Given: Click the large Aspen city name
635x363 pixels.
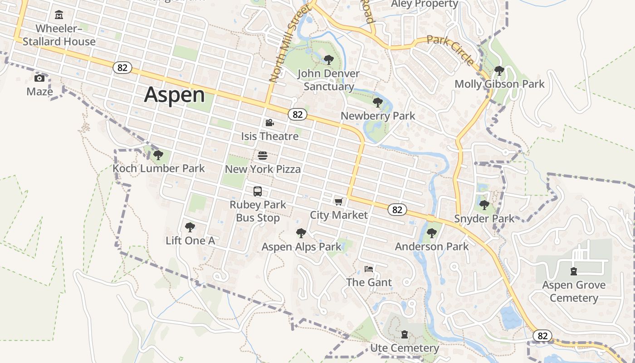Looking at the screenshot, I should pos(175,95).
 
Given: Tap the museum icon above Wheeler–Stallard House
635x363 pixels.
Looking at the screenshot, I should pos(59,15).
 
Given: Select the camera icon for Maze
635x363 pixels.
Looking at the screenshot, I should pos(39,78).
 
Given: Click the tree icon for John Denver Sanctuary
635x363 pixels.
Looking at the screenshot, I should pos(328,59).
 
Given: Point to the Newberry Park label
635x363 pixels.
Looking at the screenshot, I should pos(378,116).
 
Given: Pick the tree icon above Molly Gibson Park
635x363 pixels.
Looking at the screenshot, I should pos(499,71).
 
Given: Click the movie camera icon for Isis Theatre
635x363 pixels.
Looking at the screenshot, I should pos(269,123).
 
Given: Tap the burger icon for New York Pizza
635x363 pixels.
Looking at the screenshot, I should pos(262,156).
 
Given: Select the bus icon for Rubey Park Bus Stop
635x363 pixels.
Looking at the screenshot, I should pos(258,191).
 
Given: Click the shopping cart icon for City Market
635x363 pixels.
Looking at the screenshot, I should pos(338,201).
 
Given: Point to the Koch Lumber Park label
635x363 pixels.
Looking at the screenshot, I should pos(159,168).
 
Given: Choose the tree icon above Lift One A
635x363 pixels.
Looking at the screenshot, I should pos(190,227).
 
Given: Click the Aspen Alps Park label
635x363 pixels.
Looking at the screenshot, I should pos(301,247).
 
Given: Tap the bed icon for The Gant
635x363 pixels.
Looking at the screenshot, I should pos(369,269).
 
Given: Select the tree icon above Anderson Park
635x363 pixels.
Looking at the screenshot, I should pos(431,233).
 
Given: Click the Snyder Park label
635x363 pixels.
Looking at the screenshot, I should pos(484,218).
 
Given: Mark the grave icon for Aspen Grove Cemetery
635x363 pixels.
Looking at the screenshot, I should pos(574,271).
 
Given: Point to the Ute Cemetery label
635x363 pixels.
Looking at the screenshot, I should pos(405,348).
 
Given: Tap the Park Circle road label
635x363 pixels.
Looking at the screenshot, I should pos(451,50).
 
